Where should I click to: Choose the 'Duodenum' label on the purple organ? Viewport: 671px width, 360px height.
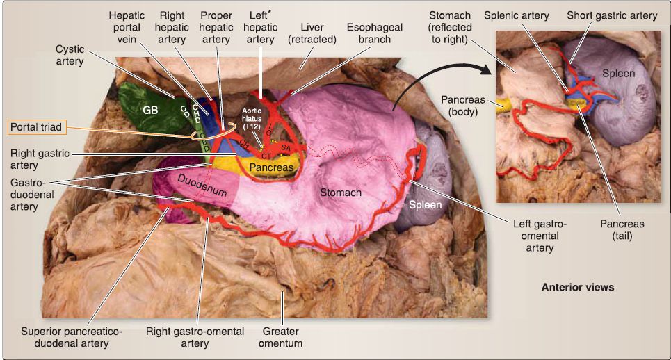(202, 187)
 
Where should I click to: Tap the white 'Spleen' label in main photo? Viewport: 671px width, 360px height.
(425, 205)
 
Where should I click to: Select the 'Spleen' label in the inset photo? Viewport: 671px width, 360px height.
(617, 73)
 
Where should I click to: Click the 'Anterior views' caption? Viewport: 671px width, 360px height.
(578, 286)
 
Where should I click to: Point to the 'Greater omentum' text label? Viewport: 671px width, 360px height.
(282, 336)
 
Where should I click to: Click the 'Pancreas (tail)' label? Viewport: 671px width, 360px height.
(623, 229)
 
